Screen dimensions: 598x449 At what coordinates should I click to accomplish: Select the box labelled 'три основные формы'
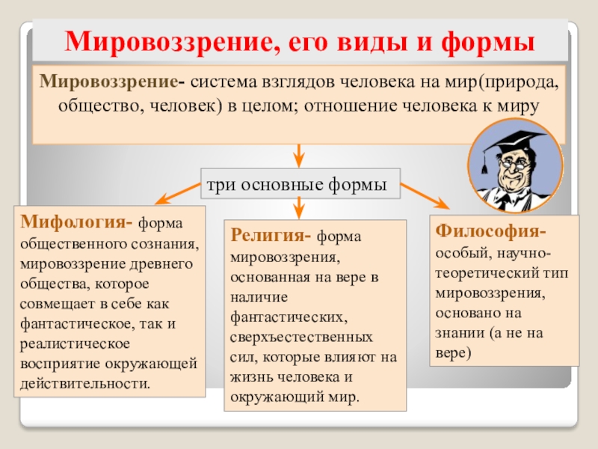pos(300,184)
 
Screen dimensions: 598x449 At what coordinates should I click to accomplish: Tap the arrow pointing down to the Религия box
pos(299,207)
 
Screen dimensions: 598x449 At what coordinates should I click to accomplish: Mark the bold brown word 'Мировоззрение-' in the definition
pos(114,80)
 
